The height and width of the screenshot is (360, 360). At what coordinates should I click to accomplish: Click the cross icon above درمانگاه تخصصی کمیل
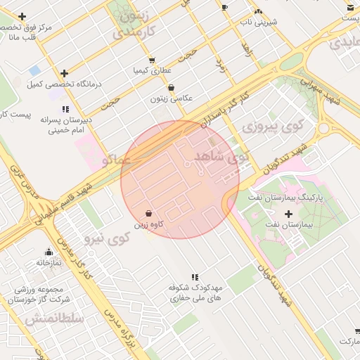[x=65, y=73]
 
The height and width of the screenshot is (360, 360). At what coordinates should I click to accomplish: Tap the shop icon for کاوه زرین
[x=148, y=214]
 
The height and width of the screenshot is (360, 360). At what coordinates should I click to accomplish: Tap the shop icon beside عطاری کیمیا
[x=152, y=60]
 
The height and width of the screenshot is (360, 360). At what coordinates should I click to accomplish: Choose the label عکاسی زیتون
[x=171, y=98]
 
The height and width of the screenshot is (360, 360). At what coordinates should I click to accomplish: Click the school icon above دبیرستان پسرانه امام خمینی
[x=65, y=110]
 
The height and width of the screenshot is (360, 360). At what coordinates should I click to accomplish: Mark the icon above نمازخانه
[x=49, y=252]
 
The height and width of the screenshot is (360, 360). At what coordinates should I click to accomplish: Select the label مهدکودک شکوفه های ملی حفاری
[x=194, y=293]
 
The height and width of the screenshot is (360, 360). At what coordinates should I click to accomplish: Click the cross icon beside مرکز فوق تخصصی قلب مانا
[x=22, y=16]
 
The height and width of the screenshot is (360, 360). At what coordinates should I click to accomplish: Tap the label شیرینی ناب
[x=258, y=22]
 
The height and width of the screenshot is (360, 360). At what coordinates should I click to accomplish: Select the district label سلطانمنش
[x=54, y=319]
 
